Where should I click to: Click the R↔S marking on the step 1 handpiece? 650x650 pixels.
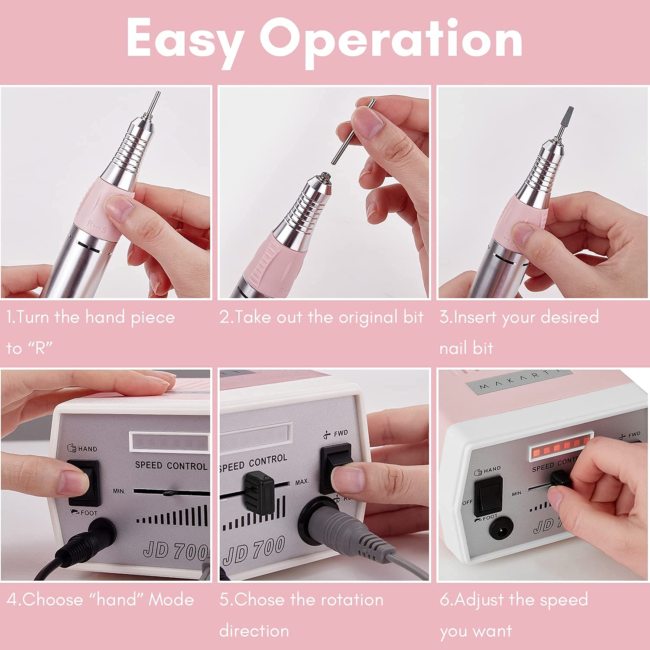97,226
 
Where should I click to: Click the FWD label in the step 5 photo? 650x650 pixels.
341,433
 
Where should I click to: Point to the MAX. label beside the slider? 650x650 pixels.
302,482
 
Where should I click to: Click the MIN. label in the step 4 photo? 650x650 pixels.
119,491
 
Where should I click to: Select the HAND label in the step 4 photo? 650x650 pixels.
87,448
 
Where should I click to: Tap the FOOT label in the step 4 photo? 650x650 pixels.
88,513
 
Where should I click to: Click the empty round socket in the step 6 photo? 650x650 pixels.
501,528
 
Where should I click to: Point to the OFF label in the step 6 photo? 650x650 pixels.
467,502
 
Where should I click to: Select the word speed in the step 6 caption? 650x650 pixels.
564,600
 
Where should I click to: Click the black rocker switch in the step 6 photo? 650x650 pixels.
488,494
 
